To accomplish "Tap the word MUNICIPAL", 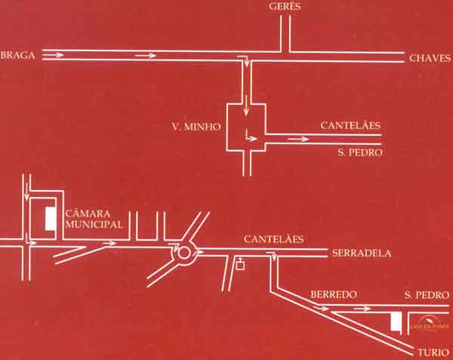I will click(94, 225).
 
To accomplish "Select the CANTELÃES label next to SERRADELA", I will click(273, 238).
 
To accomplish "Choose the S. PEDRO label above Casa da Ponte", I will click(420, 294).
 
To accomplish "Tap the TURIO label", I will click(431, 352).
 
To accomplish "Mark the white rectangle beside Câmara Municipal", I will click(50, 219).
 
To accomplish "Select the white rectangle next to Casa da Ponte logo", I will click(395, 322).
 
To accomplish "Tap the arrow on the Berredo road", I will click(363, 308).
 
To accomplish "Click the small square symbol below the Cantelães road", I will click(240, 265).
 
